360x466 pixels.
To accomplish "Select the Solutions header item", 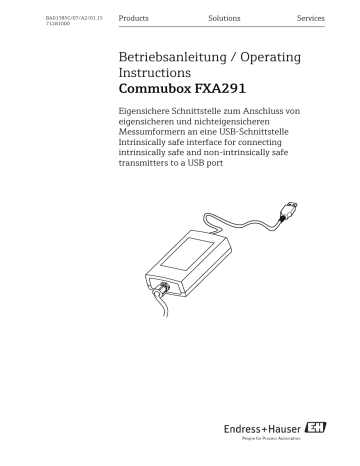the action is [x=224, y=19].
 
